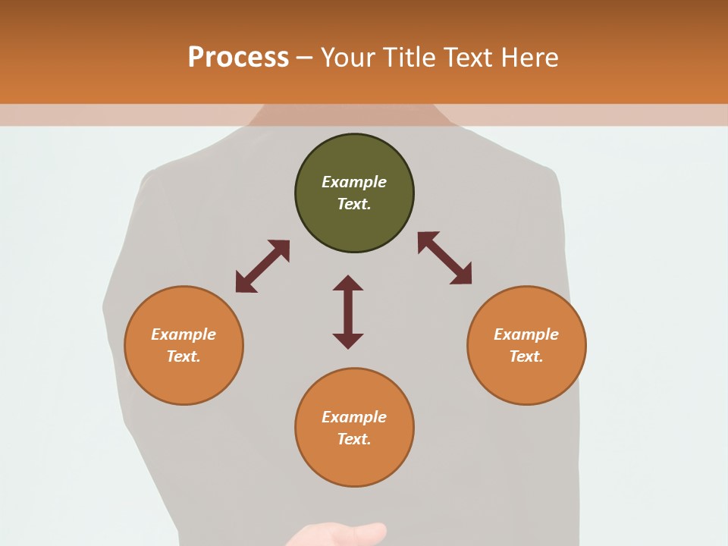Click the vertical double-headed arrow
click(x=348, y=312)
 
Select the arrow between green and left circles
click(x=262, y=266)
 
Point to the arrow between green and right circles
click(x=444, y=258)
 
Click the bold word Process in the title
click(x=238, y=57)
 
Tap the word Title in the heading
click(x=409, y=57)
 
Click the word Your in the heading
click(x=348, y=57)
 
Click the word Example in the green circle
click(x=354, y=182)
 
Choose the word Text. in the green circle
click(x=354, y=204)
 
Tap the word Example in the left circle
click(x=184, y=334)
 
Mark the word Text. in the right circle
click(x=526, y=356)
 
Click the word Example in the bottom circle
click(x=354, y=417)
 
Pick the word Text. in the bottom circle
click(x=354, y=439)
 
